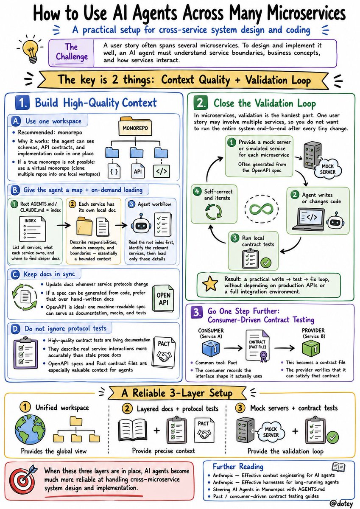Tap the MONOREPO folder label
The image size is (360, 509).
point(135,128)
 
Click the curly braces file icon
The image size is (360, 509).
point(114,171)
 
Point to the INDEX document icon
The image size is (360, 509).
point(32,229)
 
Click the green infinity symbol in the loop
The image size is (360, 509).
point(262,208)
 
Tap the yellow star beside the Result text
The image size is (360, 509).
point(210,284)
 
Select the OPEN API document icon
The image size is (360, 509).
point(163,299)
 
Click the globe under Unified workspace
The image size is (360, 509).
point(30,429)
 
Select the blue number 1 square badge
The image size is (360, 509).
point(22,103)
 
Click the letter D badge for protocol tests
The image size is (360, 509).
point(15,329)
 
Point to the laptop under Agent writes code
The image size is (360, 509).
point(308,219)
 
